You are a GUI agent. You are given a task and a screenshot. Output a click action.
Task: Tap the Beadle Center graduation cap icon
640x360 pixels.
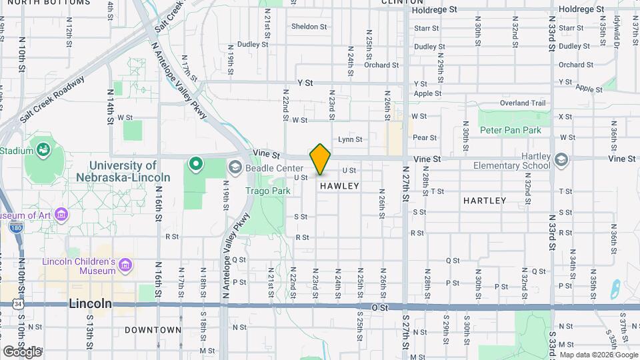235,167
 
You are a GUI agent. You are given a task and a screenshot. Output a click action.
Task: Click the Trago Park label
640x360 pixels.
267,191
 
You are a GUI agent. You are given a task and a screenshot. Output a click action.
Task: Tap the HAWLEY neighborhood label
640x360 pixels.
339,186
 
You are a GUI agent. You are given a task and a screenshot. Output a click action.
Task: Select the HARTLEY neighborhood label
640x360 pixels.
485,200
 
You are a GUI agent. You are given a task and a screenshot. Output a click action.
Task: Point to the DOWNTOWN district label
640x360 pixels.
153,329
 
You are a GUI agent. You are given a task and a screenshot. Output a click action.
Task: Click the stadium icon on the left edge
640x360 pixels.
44,149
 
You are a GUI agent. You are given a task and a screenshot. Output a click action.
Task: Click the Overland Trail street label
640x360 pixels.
523,103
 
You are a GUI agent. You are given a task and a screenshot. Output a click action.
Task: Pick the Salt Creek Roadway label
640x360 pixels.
52,99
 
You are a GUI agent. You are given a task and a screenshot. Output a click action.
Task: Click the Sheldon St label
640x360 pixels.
309,27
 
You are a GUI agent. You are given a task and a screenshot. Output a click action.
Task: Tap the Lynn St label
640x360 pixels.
350,139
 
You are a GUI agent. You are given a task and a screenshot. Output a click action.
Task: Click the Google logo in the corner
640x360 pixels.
22,351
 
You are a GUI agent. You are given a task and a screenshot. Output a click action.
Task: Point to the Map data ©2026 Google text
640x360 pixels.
599,355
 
